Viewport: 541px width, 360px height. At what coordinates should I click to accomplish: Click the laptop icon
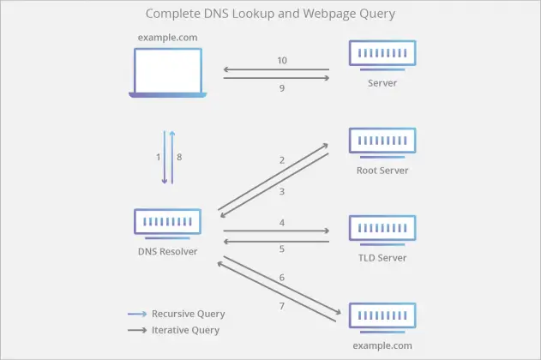coord(167,72)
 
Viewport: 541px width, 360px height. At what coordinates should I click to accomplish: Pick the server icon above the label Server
coord(382,54)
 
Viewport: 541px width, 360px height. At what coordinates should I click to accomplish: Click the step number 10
coord(282,61)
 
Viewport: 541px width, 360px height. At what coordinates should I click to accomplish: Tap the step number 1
coord(157,157)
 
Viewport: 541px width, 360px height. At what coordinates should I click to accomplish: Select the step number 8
coord(179,157)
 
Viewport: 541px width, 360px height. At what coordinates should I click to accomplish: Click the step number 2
coord(281,160)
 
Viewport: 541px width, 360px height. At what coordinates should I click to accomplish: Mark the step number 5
coord(281,250)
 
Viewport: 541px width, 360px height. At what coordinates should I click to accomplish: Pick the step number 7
coord(281,306)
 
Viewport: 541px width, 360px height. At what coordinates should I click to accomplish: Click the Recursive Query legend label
coord(188,314)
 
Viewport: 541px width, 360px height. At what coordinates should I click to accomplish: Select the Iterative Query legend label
coord(185,330)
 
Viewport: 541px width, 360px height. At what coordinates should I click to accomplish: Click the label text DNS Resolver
coord(167,251)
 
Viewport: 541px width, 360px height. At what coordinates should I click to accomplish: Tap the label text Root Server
coord(382,170)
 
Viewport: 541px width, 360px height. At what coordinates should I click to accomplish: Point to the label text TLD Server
coord(382,258)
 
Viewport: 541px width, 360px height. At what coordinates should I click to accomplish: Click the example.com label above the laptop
coord(167,38)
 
